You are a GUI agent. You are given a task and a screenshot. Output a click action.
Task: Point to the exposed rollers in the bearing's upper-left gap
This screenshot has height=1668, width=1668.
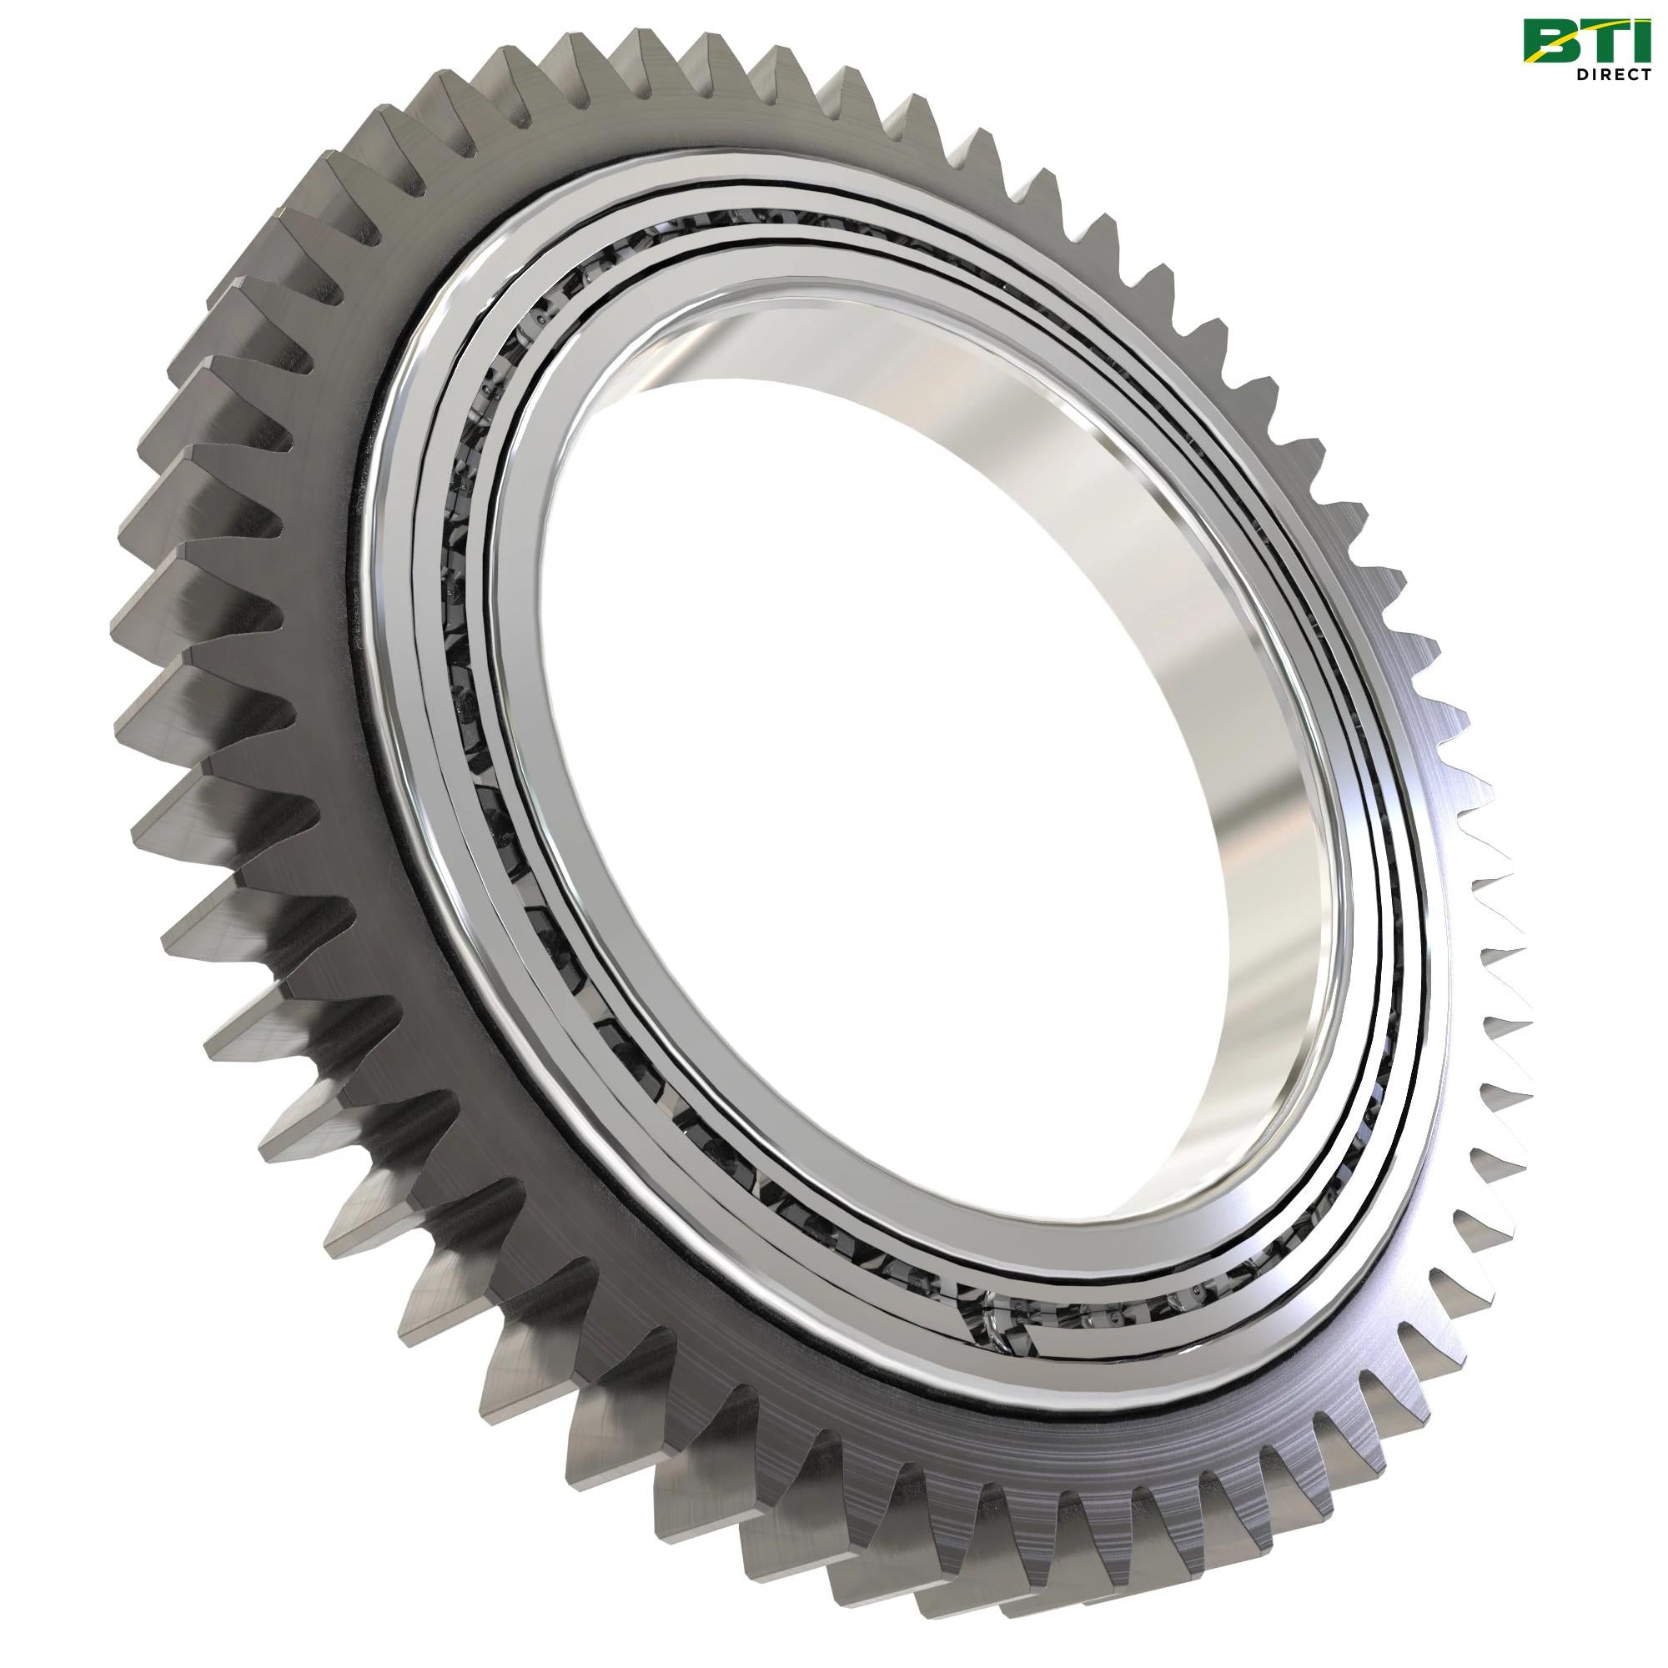tap(518, 363)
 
